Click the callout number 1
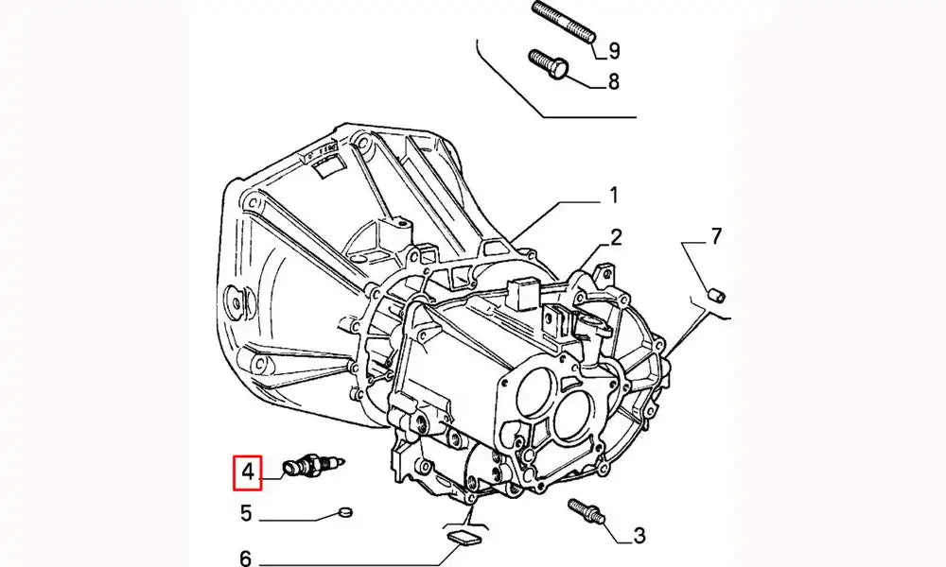pyautogui.click(x=613, y=197)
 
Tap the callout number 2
pyautogui.click(x=615, y=236)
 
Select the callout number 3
pyautogui.click(x=639, y=537)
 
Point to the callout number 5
pyautogui.click(x=246, y=515)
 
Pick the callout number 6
pyautogui.click(x=246, y=559)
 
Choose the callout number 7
pyautogui.click(x=715, y=236)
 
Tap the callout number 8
pyautogui.click(x=613, y=82)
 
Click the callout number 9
pyautogui.click(x=613, y=50)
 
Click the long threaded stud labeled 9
pyautogui.click(x=563, y=21)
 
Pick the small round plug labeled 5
pyautogui.click(x=344, y=513)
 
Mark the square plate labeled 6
pyautogui.click(x=462, y=539)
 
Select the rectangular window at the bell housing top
pyautogui.click(x=330, y=169)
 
